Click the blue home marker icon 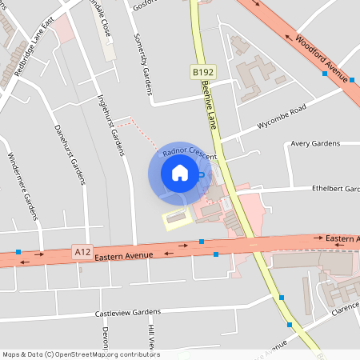179,173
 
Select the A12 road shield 82,251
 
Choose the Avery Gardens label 315,144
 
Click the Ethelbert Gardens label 336,189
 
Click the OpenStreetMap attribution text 80,354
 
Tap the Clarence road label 345,305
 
